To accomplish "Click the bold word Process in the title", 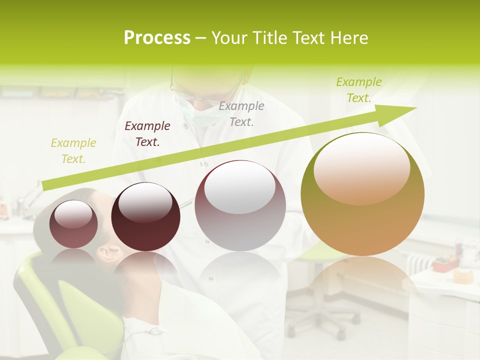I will coord(157,38).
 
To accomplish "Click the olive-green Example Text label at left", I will coord(73,151).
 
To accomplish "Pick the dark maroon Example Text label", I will coord(147,134).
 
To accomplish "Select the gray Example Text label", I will coord(241,114).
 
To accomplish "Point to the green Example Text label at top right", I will coord(359,90).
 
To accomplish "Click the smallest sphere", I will coord(73,224).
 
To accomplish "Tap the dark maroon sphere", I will coord(145,217).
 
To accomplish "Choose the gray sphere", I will coord(240,206).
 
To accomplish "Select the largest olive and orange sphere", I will coord(362,195).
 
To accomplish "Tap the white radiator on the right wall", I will coord(417,263).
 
